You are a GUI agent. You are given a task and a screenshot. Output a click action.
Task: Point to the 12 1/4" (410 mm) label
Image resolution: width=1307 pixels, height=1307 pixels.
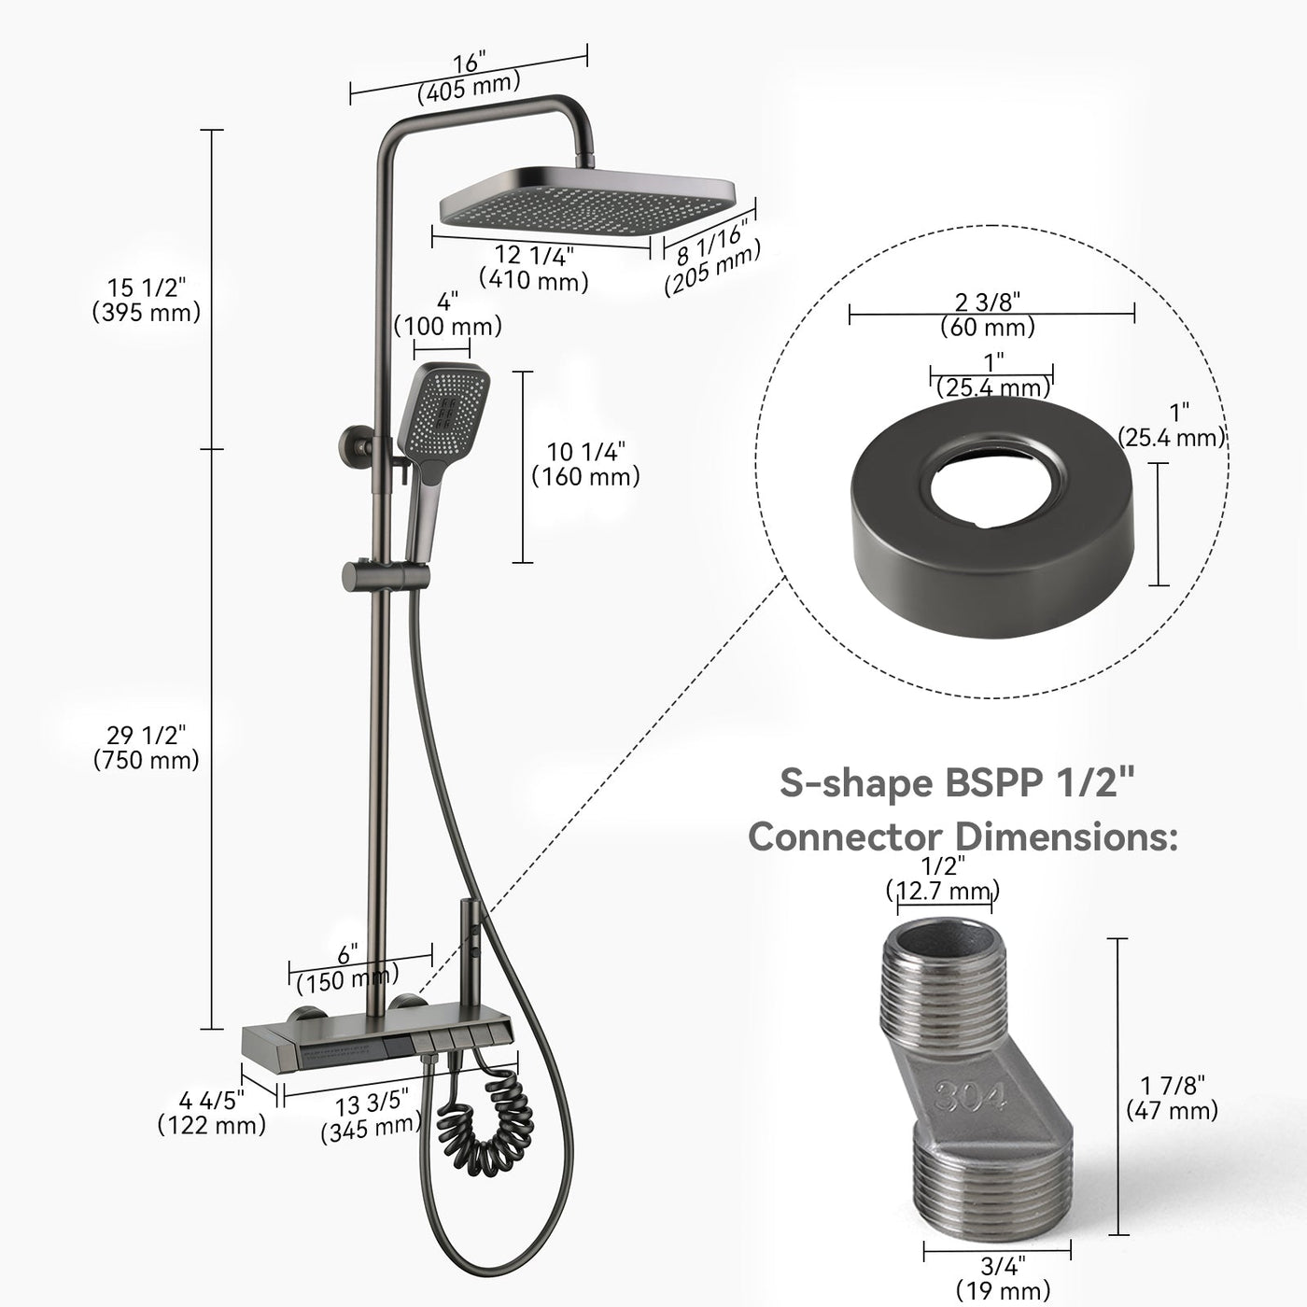(534, 267)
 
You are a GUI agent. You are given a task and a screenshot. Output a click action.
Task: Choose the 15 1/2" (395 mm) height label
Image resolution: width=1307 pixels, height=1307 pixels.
(147, 300)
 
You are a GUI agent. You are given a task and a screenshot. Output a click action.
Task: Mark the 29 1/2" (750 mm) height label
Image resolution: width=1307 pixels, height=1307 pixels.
(147, 747)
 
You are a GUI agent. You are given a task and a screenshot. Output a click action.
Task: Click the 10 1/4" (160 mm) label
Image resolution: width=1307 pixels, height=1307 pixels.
(585, 464)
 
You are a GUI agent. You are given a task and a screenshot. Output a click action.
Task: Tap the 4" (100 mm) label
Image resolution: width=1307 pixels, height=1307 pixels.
(448, 315)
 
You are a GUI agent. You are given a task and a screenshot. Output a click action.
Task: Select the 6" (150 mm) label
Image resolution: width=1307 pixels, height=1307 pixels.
(347, 968)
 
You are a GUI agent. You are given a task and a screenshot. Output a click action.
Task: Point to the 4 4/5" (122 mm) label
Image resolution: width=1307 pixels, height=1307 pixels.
(212, 1113)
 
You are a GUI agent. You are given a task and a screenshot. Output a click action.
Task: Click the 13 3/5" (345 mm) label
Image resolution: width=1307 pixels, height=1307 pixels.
(371, 1117)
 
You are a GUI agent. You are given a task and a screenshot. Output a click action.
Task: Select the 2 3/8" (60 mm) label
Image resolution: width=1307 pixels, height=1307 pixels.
(988, 314)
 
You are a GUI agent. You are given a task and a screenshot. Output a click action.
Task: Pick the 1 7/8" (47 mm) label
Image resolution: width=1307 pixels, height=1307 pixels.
(1172, 1097)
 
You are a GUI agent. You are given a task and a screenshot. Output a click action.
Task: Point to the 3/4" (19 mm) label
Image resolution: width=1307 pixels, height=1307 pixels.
(1003, 1277)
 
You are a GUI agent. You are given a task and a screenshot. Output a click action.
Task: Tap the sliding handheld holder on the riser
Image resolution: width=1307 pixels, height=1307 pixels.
(381, 575)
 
